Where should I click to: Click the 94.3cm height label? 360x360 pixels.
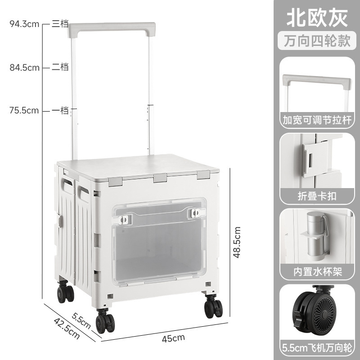click(24, 24)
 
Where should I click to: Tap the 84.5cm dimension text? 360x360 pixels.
click(25, 68)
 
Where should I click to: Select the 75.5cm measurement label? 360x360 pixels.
click(24, 111)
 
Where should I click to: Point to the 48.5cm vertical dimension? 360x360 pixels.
click(237, 243)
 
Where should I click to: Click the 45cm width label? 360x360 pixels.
click(173, 338)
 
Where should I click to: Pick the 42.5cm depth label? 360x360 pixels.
click(67, 328)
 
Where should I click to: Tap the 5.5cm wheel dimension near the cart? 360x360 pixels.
click(81, 320)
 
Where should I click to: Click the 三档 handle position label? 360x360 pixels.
click(60, 24)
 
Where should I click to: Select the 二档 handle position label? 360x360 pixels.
click(60, 67)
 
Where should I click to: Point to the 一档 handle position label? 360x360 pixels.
click(60, 110)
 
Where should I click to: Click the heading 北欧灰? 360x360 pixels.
click(317, 18)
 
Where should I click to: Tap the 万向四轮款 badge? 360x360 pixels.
click(317, 41)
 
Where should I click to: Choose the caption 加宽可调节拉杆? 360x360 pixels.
click(317, 120)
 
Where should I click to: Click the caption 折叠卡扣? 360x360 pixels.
click(317, 196)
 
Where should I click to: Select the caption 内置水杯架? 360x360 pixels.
click(318, 272)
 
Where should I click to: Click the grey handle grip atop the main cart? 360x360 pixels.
click(112, 27)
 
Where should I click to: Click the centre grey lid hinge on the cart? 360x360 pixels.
click(160, 178)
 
